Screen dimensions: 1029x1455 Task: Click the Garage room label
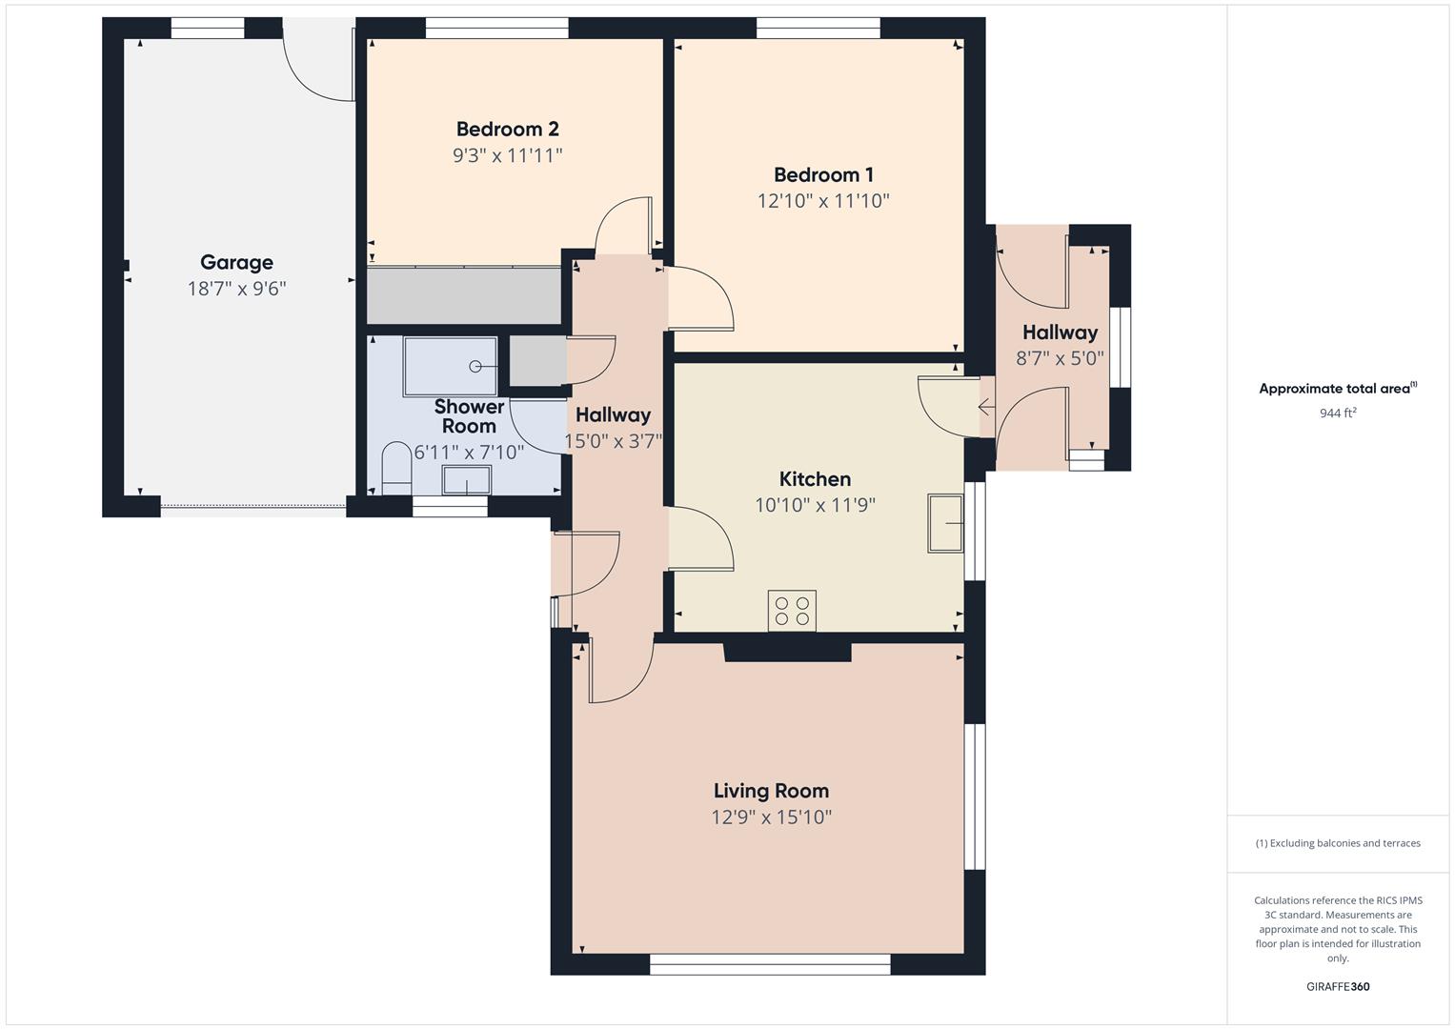point(236,262)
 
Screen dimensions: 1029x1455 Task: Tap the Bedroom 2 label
point(507,129)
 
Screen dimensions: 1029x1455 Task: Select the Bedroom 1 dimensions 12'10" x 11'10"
point(823,200)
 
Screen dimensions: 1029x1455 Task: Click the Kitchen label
point(815,478)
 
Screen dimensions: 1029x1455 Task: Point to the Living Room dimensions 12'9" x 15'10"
point(771,817)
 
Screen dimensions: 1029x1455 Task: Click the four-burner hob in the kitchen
point(792,611)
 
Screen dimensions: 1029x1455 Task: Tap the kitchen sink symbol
point(945,523)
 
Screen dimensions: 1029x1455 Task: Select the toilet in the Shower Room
point(396,467)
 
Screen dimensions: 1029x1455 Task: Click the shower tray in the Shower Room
point(450,366)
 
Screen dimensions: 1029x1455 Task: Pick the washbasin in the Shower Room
point(467,479)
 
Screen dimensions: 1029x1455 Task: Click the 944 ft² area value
point(1338,413)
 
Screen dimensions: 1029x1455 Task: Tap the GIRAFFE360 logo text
point(1338,986)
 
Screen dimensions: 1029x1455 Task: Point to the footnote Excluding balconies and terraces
point(1338,842)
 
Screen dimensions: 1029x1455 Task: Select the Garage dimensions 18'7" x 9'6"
point(236,288)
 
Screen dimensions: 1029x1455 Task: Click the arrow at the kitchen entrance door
point(986,408)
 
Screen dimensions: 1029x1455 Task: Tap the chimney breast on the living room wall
point(787,652)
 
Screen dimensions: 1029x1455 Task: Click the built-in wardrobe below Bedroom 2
point(464,295)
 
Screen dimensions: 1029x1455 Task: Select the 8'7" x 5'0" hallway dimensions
point(1060,358)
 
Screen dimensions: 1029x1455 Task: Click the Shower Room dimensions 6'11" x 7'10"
point(469,452)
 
